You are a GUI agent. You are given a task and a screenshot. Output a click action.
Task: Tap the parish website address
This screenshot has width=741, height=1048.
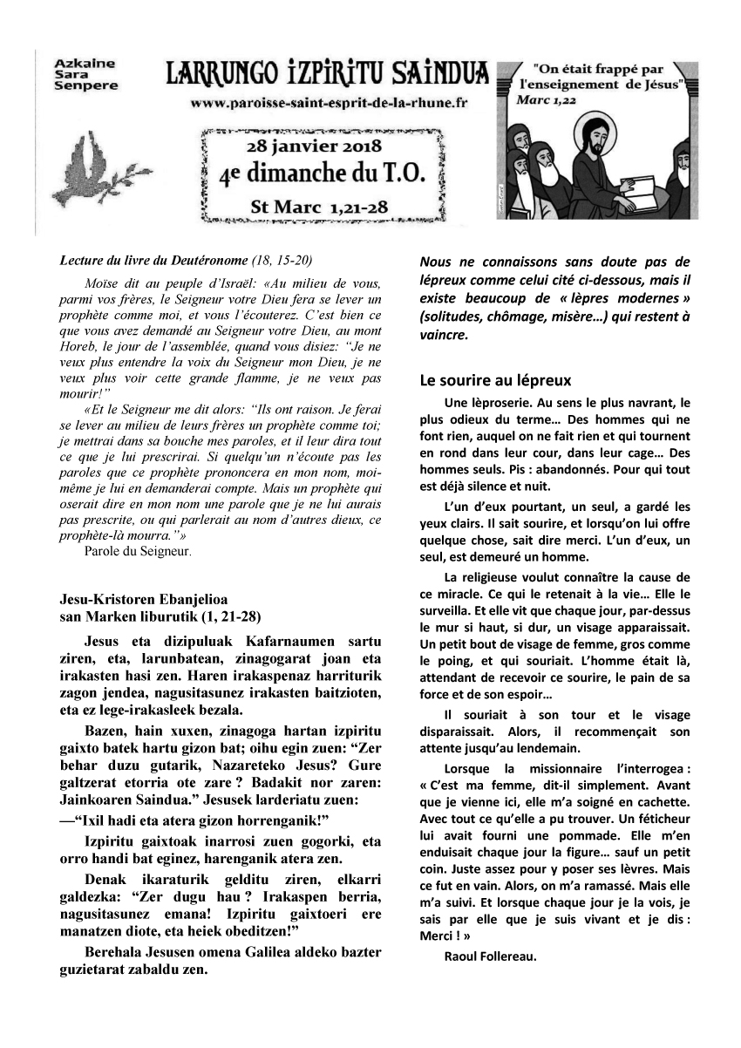pyautogui.click(x=329, y=102)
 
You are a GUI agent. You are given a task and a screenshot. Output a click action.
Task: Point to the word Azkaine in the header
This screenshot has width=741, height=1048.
pyautogui.click(x=78, y=64)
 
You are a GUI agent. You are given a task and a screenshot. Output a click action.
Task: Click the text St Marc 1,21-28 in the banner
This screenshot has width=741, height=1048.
pyautogui.click(x=318, y=208)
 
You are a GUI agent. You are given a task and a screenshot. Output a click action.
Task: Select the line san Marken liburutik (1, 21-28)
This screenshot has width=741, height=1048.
pyautogui.click(x=160, y=616)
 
